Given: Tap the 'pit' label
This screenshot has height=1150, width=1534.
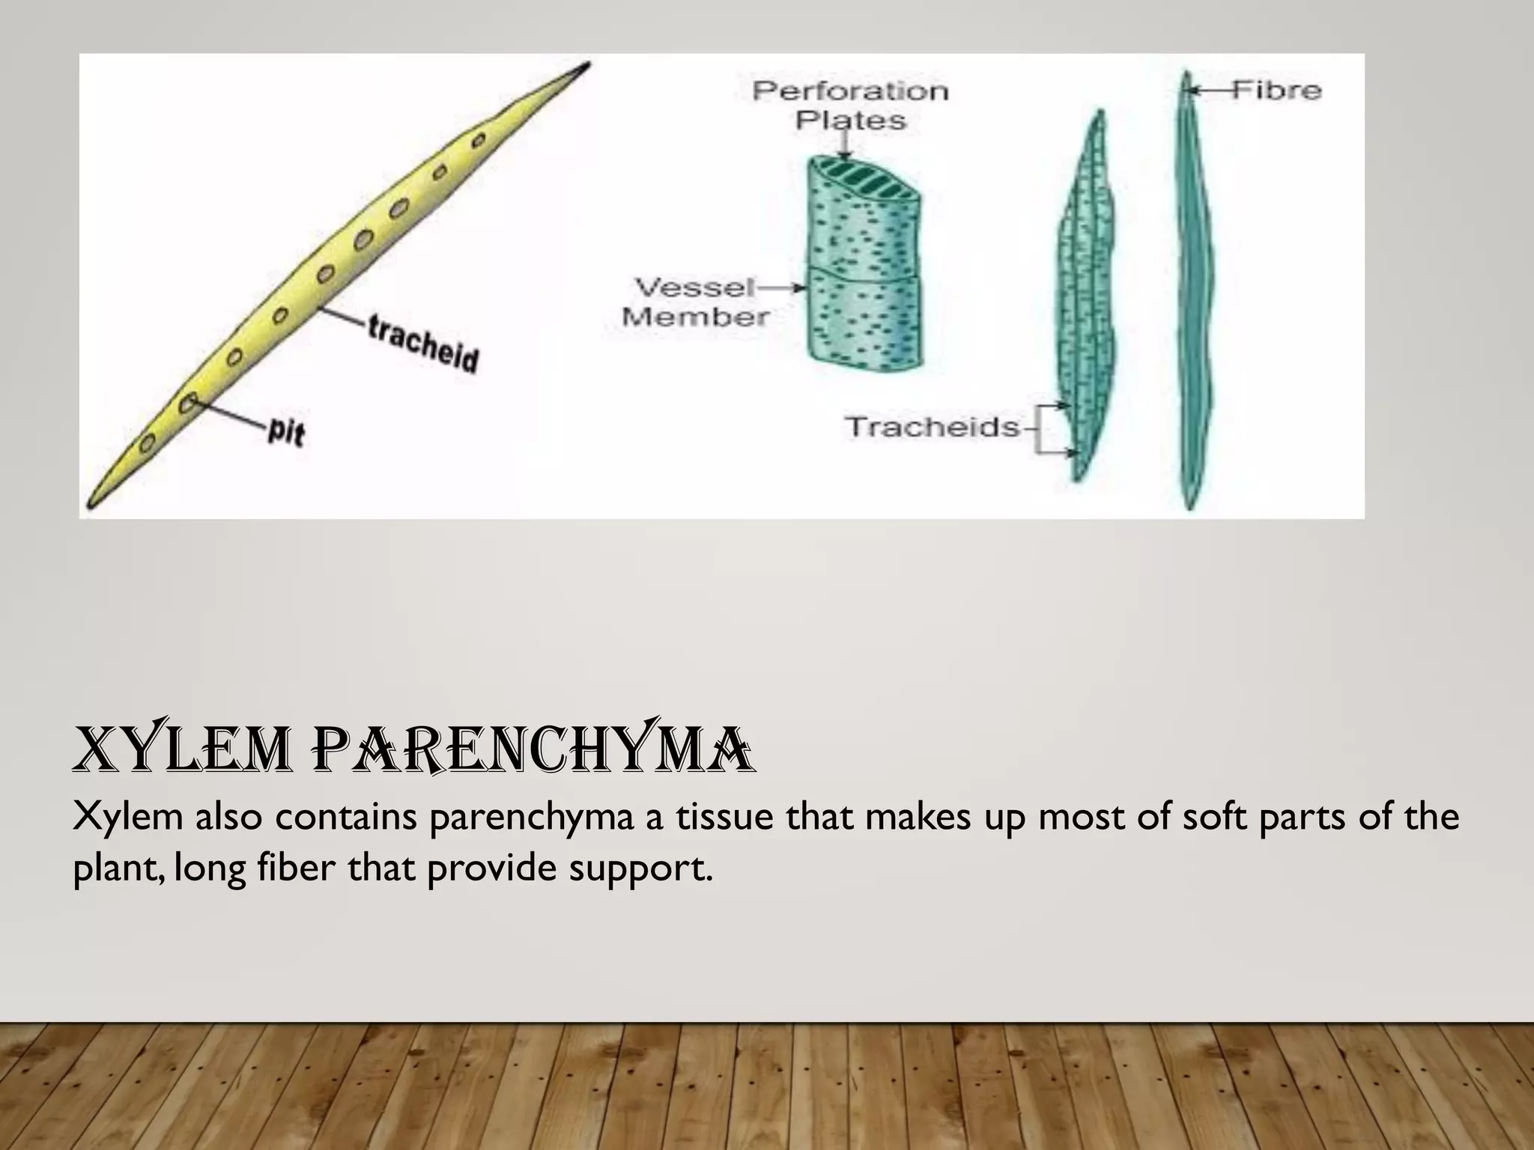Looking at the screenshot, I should pyautogui.click(x=285, y=432).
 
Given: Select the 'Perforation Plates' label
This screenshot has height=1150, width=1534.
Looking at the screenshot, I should pyautogui.click(x=850, y=105).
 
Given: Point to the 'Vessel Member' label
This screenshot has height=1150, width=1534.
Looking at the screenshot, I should pyautogui.click(x=695, y=302).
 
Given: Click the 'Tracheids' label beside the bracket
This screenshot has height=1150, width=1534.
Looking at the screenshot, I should pyautogui.click(x=933, y=428).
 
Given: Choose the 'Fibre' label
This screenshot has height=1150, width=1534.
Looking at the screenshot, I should pyautogui.click(x=1276, y=90).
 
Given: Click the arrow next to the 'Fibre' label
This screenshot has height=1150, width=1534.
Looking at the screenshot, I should pyautogui.click(x=1207, y=91).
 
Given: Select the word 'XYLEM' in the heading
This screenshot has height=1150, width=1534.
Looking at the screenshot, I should pyautogui.click(x=180, y=751).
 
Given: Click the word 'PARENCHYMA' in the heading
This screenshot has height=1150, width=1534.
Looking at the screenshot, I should pyautogui.click(x=538, y=751).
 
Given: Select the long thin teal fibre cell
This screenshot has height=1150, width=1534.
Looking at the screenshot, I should pyautogui.click(x=1189, y=292).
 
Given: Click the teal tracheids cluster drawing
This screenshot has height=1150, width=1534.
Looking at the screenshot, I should pyautogui.click(x=1088, y=299).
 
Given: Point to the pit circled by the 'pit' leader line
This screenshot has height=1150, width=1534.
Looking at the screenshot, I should pyautogui.click(x=187, y=404).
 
